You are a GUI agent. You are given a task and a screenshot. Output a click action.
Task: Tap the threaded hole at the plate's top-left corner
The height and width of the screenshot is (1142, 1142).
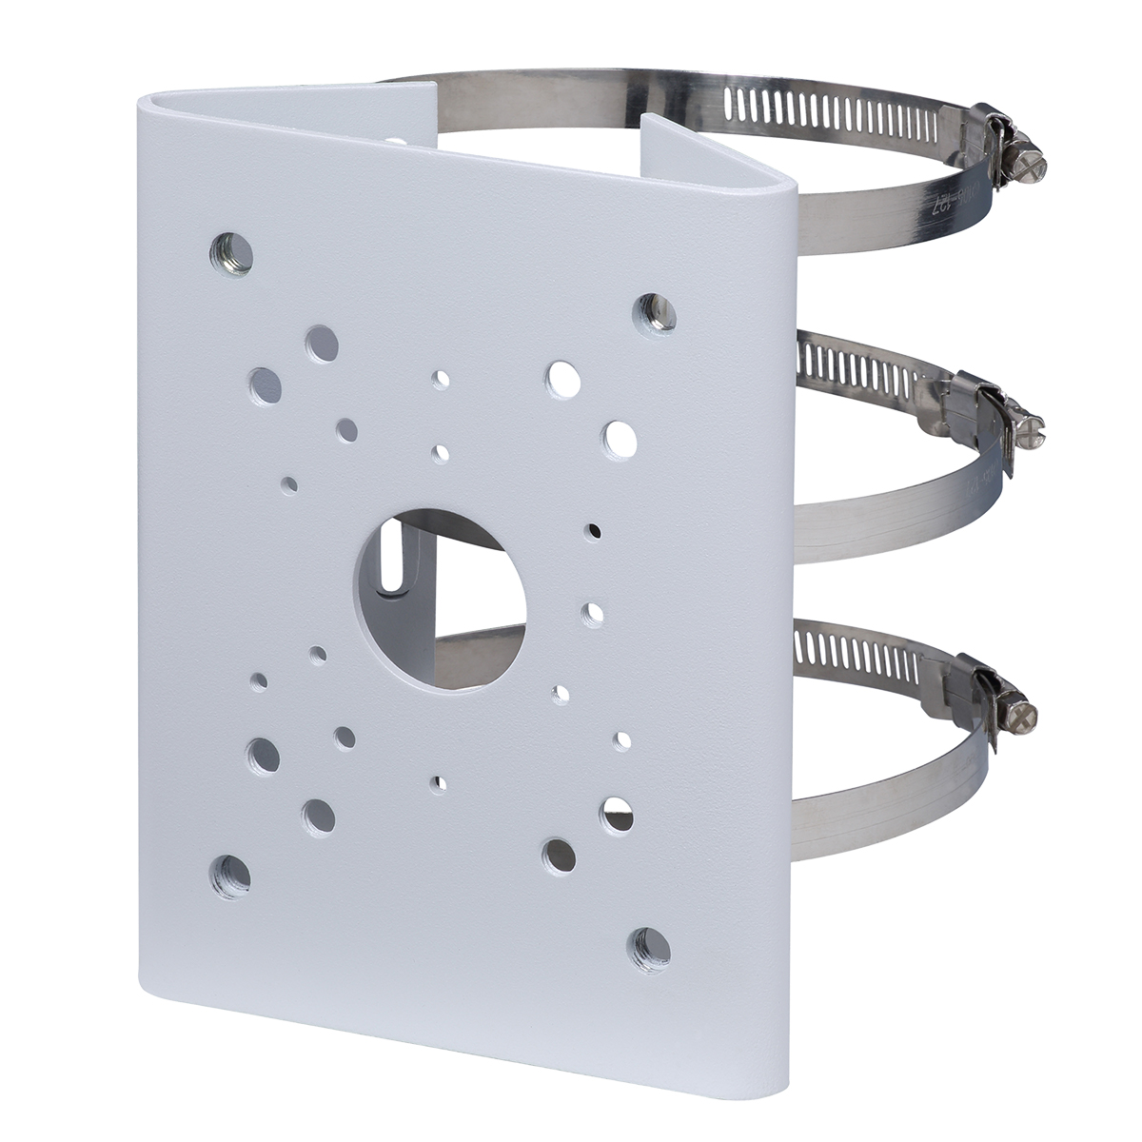tap(231, 252)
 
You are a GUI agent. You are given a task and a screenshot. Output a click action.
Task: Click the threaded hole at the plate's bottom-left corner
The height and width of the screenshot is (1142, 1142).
tap(231, 871)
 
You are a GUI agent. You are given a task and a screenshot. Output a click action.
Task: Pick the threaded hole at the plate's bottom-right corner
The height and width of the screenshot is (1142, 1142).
tap(651, 946)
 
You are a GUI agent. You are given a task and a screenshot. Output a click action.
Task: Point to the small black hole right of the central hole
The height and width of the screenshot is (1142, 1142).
tap(595, 530)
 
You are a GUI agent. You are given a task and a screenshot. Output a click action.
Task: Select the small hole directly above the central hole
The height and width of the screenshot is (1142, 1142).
tap(439, 453)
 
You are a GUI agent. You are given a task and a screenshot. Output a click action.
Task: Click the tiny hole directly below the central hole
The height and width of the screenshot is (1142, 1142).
tap(438, 782)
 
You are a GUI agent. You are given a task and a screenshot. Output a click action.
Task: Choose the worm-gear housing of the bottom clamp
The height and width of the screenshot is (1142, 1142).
tap(975, 680)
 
